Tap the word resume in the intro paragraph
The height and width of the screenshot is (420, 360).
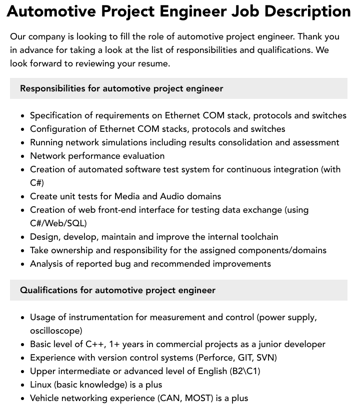click(153, 63)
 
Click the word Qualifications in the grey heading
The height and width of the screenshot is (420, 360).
click(48, 290)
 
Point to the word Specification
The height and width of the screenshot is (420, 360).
click(57, 115)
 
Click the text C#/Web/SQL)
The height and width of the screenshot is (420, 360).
click(58, 223)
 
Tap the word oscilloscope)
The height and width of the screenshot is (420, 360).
click(56, 331)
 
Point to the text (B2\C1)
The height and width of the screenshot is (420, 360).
click(245, 371)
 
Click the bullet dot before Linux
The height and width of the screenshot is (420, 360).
click(23, 385)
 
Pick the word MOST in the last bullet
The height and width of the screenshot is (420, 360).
click(198, 398)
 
